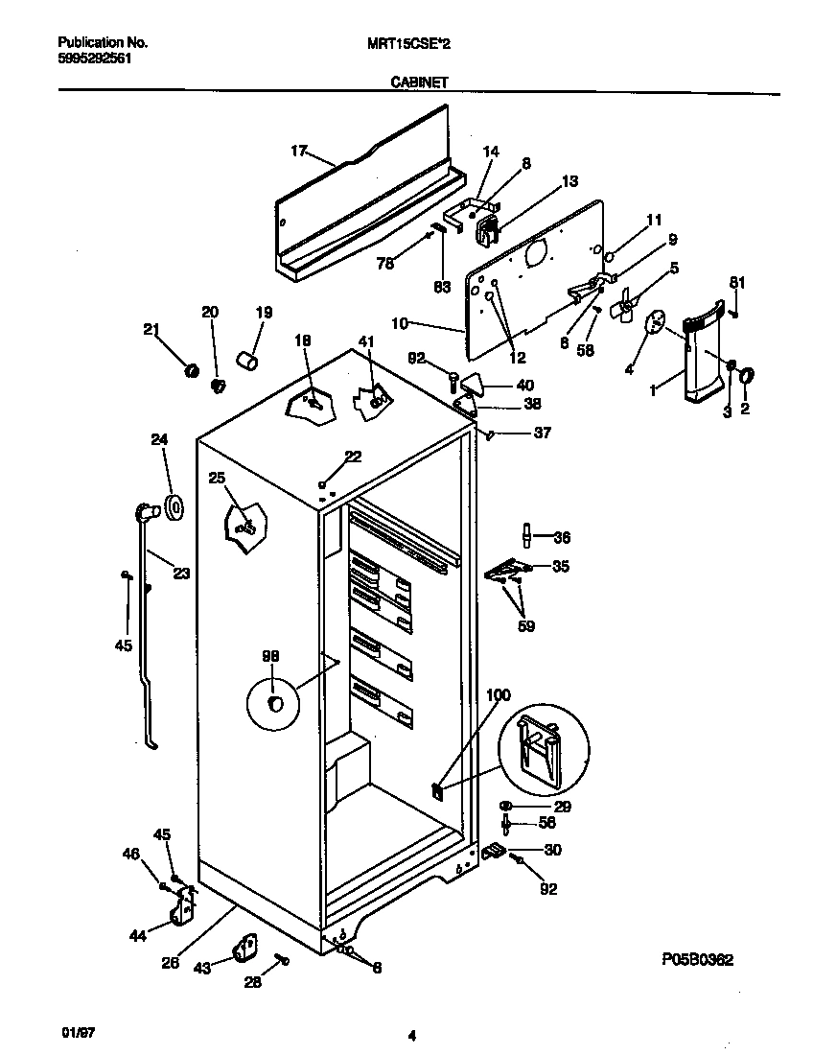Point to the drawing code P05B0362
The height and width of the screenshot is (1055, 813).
tap(697, 960)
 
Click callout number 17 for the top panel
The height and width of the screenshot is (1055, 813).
tap(298, 151)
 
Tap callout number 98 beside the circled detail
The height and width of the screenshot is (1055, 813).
tap(270, 656)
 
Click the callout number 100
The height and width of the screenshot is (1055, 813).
tap(499, 695)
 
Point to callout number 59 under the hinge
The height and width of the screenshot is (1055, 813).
tap(525, 626)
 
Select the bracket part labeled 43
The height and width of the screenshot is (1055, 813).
tap(244, 950)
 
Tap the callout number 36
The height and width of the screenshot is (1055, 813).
tap(562, 537)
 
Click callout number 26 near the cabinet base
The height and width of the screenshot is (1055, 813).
tap(170, 964)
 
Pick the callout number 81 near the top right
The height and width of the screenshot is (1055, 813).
tap(736, 282)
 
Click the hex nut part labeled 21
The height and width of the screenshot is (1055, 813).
tap(190, 369)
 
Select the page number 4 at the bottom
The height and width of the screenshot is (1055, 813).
tap(411, 1035)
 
